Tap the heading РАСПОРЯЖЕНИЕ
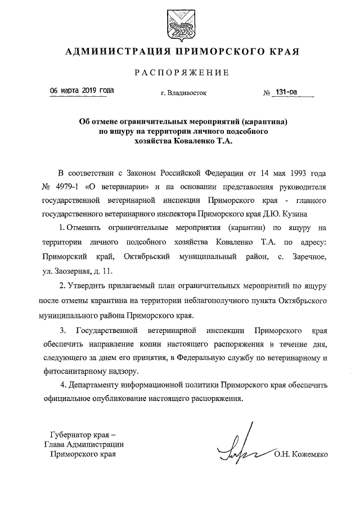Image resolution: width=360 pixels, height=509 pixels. click(181, 73)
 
